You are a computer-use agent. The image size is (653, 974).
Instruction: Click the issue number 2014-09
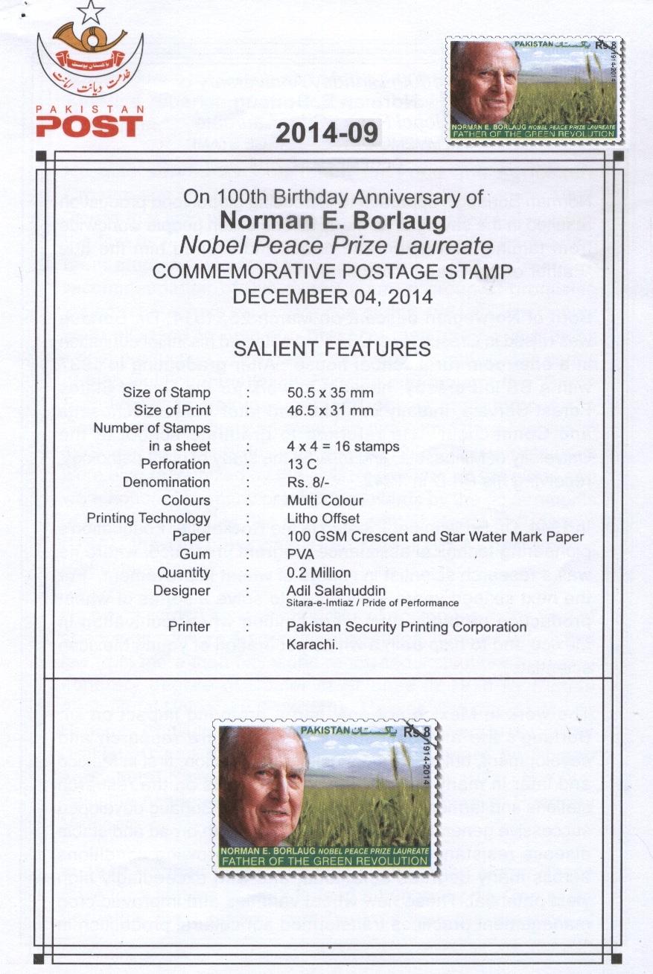click(x=327, y=133)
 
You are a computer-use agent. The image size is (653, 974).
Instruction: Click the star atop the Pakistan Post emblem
click(x=91, y=12)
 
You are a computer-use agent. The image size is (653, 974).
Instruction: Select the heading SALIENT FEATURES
click(x=332, y=348)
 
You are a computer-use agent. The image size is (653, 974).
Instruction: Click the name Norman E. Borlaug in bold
click(x=333, y=221)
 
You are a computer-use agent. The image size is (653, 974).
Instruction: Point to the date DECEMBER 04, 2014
click(x=333, y=296)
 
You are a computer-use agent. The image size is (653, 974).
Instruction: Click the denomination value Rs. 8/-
click(x=307, y=483)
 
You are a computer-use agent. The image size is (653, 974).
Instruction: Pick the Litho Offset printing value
click(x=323, y=518)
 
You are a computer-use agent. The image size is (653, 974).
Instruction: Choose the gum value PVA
click(x=299, y=554)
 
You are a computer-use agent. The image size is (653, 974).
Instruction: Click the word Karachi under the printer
click(x=313, y=645)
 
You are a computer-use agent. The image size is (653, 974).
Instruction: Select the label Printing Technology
click(x=148, y=518)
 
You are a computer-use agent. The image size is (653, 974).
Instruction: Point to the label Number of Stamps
click(x=152, y=428)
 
